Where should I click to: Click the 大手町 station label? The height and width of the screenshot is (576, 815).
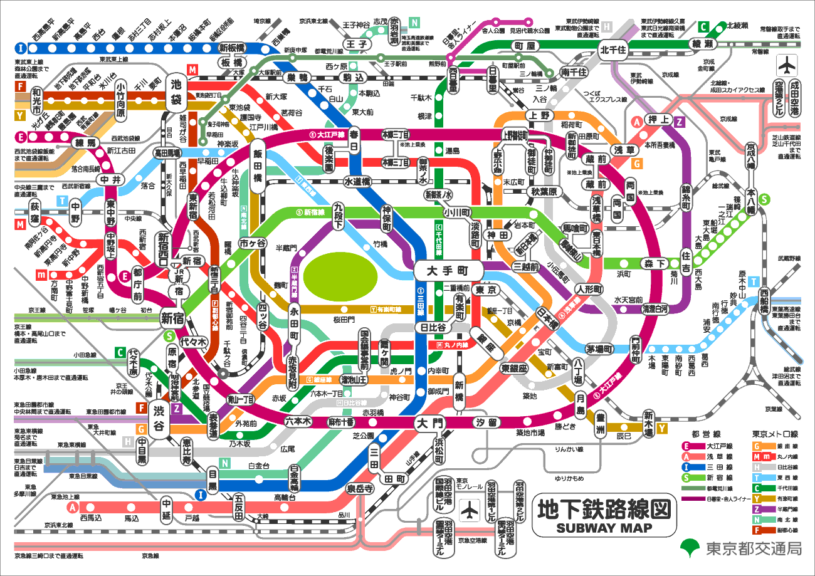[448, 271]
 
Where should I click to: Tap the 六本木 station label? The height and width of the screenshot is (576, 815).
[298, 421]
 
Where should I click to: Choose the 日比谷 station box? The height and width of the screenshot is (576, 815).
[432, 327]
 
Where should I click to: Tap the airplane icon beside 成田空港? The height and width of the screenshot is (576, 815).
[786, 65]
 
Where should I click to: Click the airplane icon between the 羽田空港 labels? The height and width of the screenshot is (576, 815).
[468, 510]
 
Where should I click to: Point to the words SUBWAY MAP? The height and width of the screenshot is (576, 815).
[604, 527]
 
